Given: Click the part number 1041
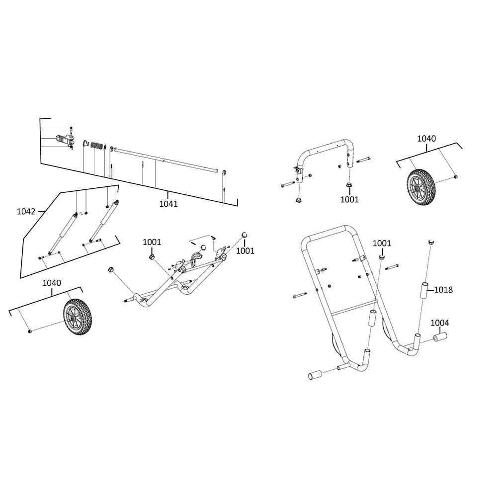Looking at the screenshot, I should point(169,203).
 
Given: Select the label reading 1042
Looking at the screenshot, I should point(26,211).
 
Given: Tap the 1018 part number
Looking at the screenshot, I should point(443,289).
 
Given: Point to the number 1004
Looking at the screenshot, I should point(439,323).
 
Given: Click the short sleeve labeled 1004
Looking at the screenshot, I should point(439,338).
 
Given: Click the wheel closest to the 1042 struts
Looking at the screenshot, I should point(78,316).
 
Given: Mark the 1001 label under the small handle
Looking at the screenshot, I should point(349,199).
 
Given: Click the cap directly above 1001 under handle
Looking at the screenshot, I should point(349,186).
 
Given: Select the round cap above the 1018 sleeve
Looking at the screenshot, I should point(431,242).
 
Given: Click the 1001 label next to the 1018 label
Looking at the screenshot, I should point(382,244).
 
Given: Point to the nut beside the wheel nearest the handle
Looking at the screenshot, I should point(455,177).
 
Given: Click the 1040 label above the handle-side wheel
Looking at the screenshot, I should point(426,139).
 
